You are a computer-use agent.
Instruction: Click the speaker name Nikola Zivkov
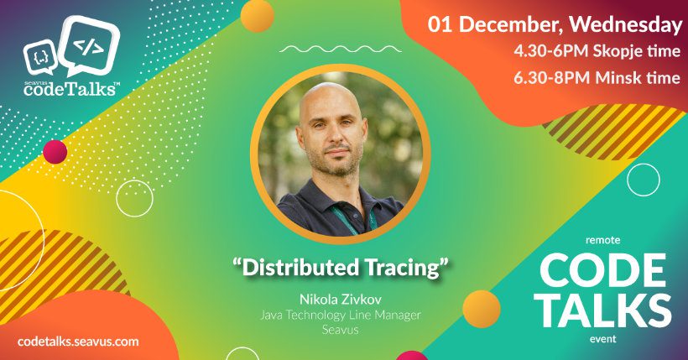click(x=341, y=300)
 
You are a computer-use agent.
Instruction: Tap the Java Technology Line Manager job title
click(x=341, y=315)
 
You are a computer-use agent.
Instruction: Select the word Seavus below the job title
click(x=341, y=329)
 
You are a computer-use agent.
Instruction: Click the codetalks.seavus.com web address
click(x=78, y=342)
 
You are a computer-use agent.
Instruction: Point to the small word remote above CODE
click(x=603, y=240)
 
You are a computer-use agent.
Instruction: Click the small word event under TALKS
click(x=603, y=339)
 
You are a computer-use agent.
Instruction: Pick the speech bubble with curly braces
click(x=39, y=56)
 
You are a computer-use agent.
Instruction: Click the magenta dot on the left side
click(x=55, y=151)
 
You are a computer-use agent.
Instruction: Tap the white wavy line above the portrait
click(x=340, y=50)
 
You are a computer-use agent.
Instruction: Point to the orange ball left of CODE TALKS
click(x=482, y=309)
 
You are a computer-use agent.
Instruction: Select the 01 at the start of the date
click(x=440, y=25)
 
